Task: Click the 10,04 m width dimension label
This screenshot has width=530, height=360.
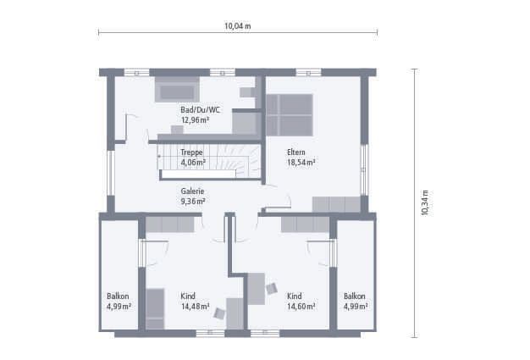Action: click(238, 26)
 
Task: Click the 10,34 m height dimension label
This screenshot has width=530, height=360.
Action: click(425, 202)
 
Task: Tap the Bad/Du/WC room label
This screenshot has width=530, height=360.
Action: click(200, 110)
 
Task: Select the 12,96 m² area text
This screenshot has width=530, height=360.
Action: click(195, 120)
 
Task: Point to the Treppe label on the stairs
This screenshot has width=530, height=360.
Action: click(191, 152)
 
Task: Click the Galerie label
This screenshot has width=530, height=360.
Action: click(192, 191)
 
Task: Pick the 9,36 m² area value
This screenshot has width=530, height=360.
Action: click(193, 202)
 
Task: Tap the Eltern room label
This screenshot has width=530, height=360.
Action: click(296, 152)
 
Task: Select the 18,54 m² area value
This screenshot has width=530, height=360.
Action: click(301, 163)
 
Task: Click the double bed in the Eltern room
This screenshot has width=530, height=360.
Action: click(289, 115)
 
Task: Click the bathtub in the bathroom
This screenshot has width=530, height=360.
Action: click(177, 90)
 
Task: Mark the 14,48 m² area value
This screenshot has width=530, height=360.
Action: click(195, 307)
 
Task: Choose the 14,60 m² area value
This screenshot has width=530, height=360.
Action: click(301, 307)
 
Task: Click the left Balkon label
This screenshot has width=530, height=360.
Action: click(118, 296)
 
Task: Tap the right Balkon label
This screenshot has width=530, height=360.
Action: click(355, 296)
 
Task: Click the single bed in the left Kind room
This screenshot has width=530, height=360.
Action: click(155, 308)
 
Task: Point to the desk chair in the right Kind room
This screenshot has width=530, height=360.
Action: click(272, 289)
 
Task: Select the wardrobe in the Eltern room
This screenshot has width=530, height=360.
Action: click(336, 204)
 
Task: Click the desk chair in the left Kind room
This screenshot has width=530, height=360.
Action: click(219, 313)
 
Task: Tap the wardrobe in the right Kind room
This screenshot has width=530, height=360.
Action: click(306, 224)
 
